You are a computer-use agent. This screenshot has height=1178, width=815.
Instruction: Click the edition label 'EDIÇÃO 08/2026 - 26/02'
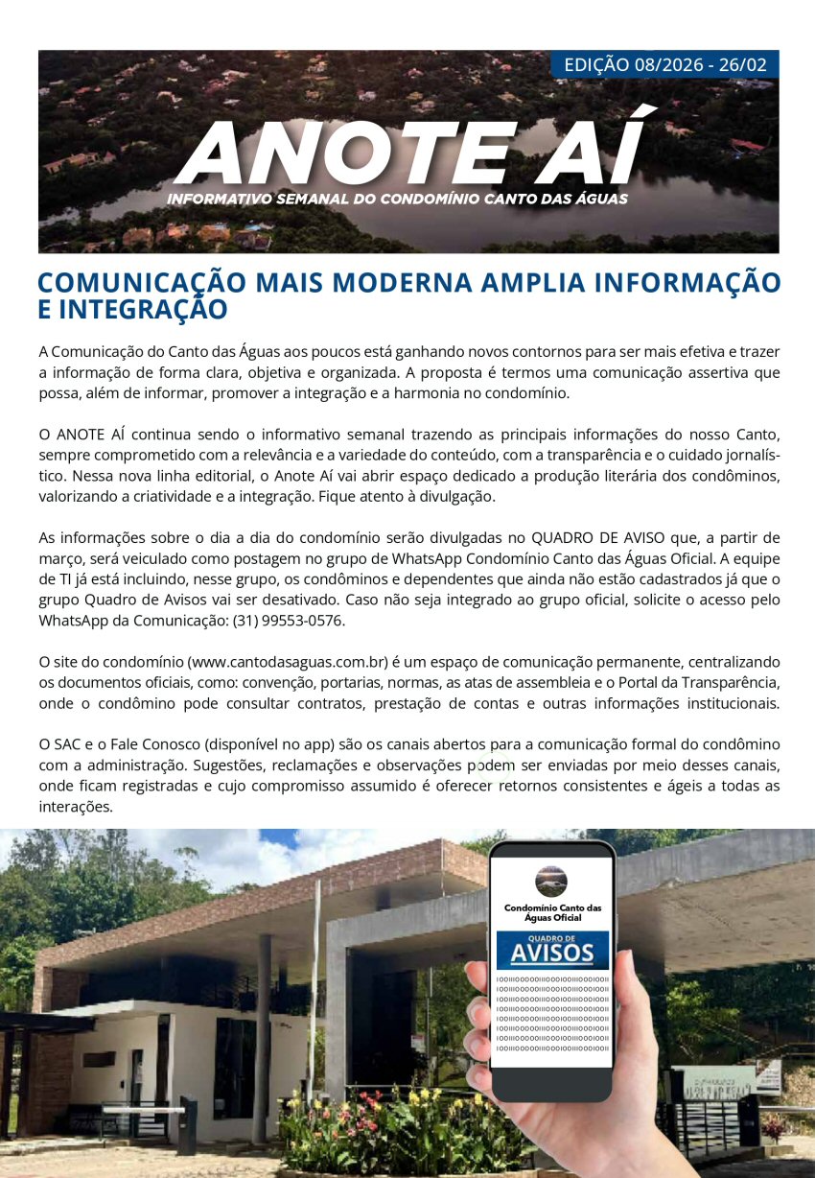pos(664,65)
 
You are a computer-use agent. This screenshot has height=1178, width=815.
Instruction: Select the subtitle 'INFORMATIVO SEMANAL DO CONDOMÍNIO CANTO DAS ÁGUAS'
pos(397,200)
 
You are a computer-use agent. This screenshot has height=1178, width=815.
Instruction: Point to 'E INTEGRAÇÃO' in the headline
pos(132,310)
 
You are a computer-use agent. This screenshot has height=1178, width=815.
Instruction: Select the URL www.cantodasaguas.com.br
pos(288,662)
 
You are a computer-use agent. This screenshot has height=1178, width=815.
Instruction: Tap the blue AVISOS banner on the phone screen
pos(551,950)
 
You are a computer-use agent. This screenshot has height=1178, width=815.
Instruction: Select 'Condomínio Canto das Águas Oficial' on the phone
pos(552,912)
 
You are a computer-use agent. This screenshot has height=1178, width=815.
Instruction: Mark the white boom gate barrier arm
pos(144,1110)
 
